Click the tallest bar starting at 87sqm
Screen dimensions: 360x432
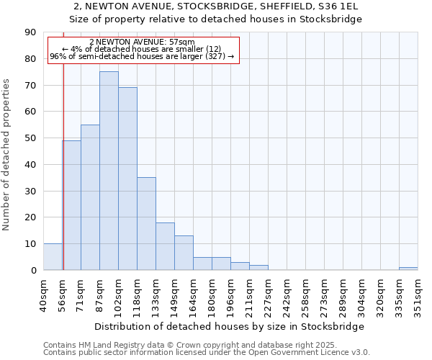tap(109, 171)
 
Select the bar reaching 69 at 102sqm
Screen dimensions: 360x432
tap(127, 179)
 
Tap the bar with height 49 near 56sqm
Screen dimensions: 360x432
tap(71, 205)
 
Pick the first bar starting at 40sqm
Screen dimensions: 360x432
tap(53, 257)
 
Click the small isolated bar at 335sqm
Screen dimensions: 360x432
tap(408, 269)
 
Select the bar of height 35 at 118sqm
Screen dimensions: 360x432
tap(146, 224)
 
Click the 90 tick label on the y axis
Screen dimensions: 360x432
tap(30, 32)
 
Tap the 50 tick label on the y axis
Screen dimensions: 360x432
tap(30, 138)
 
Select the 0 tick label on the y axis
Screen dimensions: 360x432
tap(33, 271)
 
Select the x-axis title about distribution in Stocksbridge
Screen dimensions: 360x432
tap(230, 326)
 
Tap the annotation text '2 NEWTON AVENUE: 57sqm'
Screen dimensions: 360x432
tap(142, 42)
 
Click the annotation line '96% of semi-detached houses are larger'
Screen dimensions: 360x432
tap(142, 56)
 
